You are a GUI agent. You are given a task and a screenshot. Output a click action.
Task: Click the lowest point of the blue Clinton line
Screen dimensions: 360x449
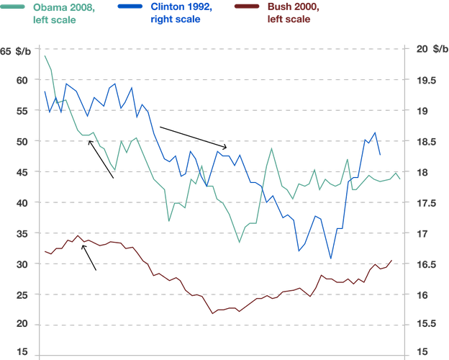tap(330, 258)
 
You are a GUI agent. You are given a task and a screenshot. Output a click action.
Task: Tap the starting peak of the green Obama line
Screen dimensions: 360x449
tap(45, 56)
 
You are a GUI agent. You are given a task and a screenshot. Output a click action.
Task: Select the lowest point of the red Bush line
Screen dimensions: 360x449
tap(212, 314)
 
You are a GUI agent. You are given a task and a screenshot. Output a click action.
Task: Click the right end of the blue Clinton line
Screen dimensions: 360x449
tap(381, 154)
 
